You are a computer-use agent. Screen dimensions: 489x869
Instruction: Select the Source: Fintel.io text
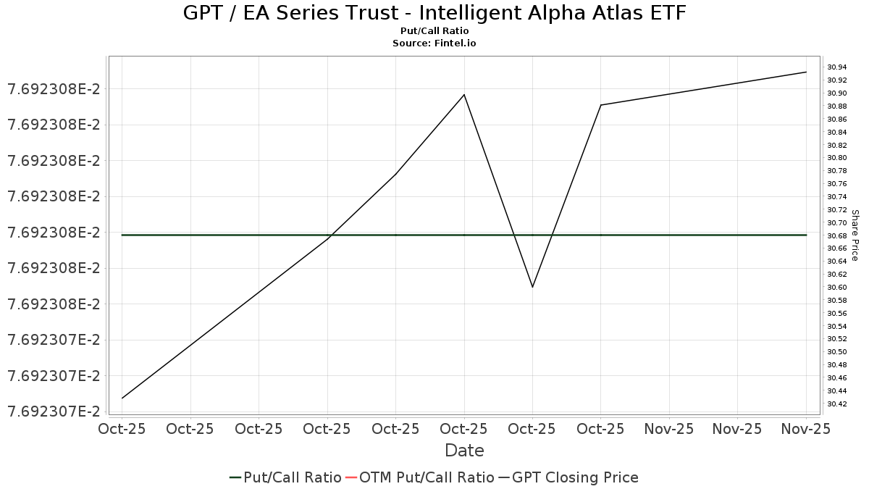coord(434,43)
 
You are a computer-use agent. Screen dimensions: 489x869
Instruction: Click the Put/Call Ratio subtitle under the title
coord(434,31)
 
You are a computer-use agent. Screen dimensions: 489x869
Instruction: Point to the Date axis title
coord(464,451)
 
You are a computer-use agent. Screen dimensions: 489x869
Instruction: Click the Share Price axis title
coord(855,235)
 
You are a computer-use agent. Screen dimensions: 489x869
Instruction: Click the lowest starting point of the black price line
coord(122,398)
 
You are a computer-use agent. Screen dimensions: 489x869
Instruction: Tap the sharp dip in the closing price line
coord(532,287)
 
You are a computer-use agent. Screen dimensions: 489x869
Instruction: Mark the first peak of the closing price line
coord(464,95)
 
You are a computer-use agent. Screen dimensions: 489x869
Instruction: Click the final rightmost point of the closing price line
coord(806,72)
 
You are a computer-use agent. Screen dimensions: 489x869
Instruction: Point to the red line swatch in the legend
coord(351,477)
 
